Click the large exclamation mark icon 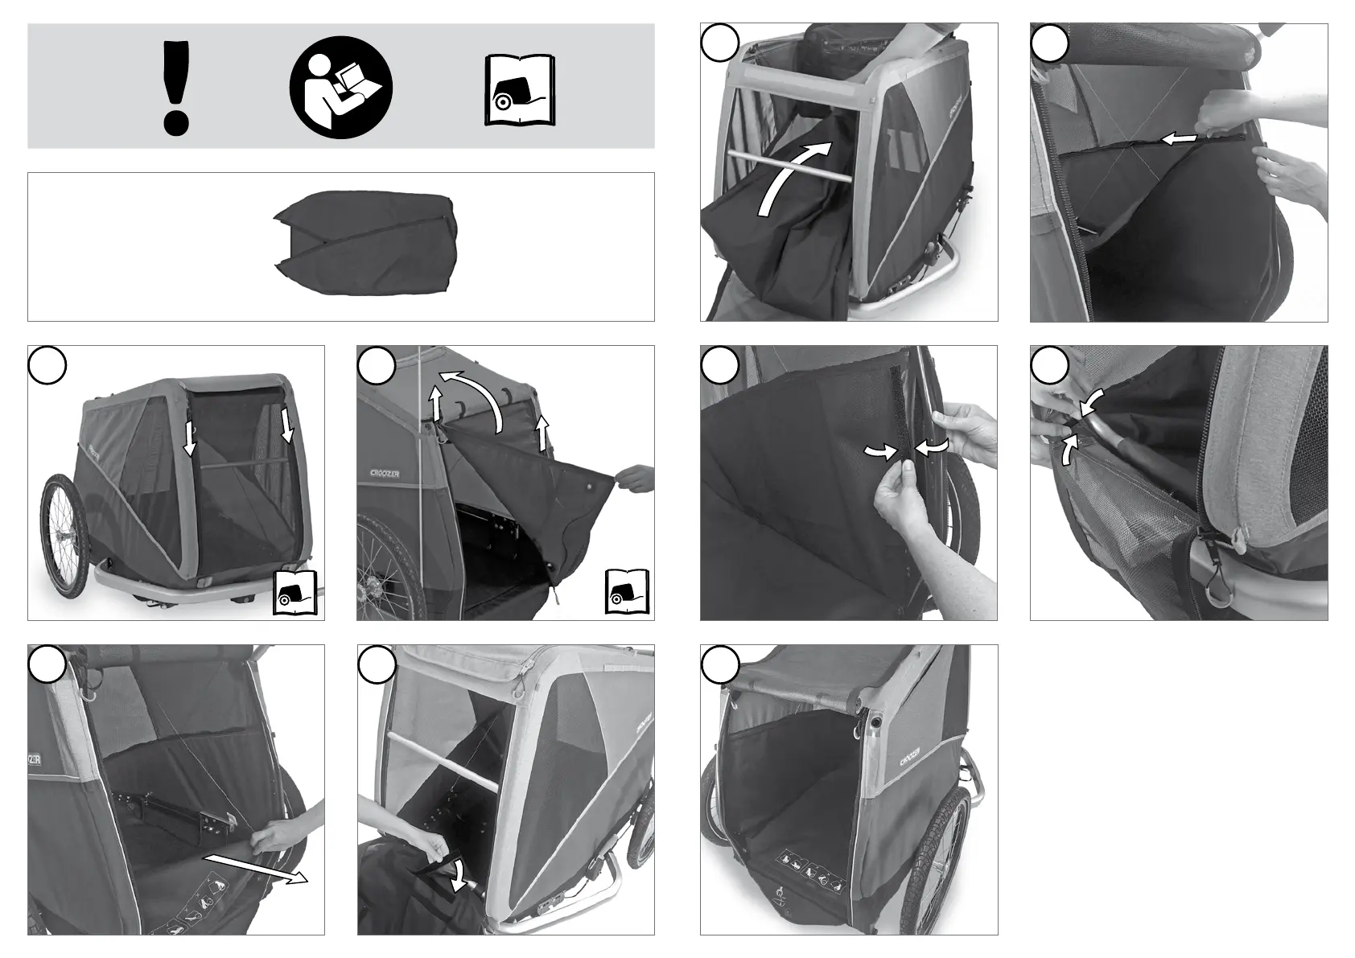click(x=175, y=87)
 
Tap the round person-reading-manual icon click(x=341, y=87)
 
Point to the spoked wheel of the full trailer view click(x=65, y=532)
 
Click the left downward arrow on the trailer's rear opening click(x=190, y=438)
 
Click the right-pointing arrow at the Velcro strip click(x=880, y=454)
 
